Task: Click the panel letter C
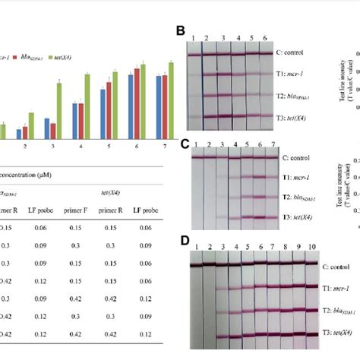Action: pyautogui.click(x=181, y=142)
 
